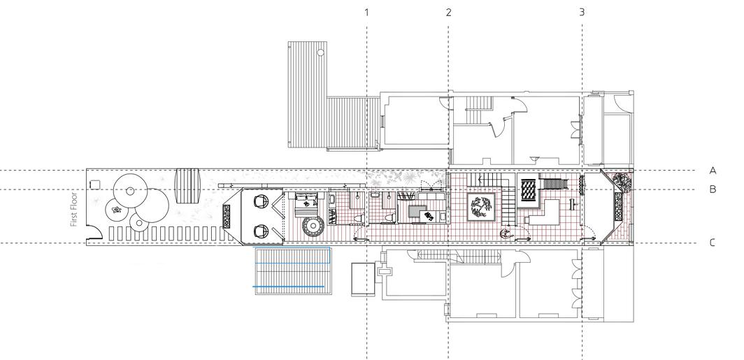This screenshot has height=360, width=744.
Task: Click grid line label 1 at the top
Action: [x=366, y=12]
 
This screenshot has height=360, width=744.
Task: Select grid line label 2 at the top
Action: [x=448, y=12]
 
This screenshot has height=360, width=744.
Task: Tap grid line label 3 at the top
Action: [x=582, y=12]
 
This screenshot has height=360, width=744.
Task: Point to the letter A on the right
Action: [x=713, y=171]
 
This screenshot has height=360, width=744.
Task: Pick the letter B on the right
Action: [x=713, y=189]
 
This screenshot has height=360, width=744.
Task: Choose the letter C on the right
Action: [x=713, y=243]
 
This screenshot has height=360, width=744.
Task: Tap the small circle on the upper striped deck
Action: [x=320, y=52]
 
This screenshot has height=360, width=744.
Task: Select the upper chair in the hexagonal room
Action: [x=260, y=201]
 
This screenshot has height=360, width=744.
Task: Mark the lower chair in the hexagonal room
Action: [x=260, y=229]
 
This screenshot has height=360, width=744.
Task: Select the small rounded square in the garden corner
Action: [x=96, y=183]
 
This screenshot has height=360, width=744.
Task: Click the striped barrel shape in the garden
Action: [x=187, y=183]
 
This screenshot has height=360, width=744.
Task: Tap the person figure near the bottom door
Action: [x=503, y=233]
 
